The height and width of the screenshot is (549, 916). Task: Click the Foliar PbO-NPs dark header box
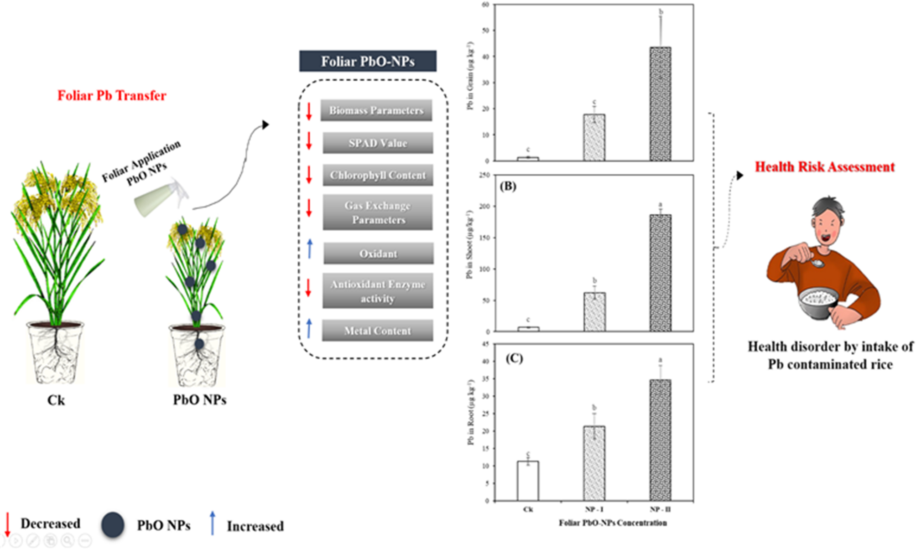click(x=368, y=61)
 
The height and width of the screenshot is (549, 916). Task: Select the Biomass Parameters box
click(x=376, y=110)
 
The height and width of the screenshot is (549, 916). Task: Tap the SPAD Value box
click(x=378, y=143)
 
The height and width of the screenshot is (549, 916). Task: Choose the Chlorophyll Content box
click(x=378, y=176)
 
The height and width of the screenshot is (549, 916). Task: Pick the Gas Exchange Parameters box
click(x=378, y=212)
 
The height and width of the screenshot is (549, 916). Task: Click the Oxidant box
click(x=378, y=254)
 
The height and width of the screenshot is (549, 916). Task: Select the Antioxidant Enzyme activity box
click(x=378, y=291)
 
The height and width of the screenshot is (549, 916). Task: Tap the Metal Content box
click(x=377, y=331)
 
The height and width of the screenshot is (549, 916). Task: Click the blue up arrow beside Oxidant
click(x=310, y=249)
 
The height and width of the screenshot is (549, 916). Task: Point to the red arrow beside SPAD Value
click(x=309, y=141)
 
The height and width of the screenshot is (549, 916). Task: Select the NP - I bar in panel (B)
click(x=595, y=312)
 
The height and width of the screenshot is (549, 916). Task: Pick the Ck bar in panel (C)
click(x=528, y=481)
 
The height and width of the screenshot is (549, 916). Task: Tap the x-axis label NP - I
click(x=594, y=509)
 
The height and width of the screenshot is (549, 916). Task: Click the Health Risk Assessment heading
click(x=824, y=167)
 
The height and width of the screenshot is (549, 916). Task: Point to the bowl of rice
click(x=818, y=303)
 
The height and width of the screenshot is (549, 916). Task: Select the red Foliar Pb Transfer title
click(x=112, y=96)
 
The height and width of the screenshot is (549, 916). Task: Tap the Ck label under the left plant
click(x=56, y=400)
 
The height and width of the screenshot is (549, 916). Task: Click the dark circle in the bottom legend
click(x=113, y=525)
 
